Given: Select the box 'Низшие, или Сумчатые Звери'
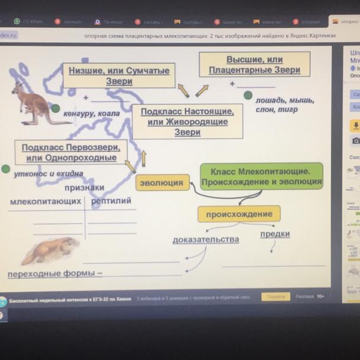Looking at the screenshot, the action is pos(119,75).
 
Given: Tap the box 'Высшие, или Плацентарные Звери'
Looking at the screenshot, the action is pos(254,65).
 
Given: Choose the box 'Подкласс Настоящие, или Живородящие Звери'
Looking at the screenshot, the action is pos(187,121).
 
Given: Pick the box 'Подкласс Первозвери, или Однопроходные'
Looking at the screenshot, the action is pos(71,152).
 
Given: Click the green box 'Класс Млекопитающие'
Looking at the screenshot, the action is pos(261,176).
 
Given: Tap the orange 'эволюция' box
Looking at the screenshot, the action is pos(162,183).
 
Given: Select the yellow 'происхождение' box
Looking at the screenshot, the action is pos(239,214).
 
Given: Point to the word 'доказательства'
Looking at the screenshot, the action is pos(206,239).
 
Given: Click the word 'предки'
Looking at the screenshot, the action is pos(275,234).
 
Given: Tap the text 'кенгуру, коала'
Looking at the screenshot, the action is pos(92,113).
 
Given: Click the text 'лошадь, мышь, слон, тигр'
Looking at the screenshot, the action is pos(285,105).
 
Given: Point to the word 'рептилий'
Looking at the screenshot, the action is pos(111,201).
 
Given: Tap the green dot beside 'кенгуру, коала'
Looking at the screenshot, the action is pos(55,109).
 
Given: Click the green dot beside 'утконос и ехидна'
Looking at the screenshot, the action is pos(6,169).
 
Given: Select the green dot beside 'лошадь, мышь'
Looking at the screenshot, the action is pos(248,95).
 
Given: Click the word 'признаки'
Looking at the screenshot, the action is pos(84,187).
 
